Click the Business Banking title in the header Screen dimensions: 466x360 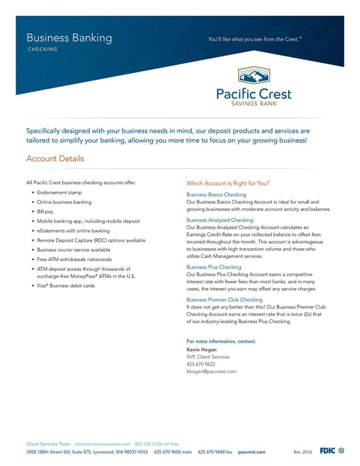[x=69, y=38]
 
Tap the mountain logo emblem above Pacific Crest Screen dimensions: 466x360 [x=254, y=76]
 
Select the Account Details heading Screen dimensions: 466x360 [x=55, y=159]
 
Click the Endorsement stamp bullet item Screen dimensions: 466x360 [x=59, y=192]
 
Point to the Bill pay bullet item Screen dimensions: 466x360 [x=45, y=212]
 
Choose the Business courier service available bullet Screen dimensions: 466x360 [x=73, y=250]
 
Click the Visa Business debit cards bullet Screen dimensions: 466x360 [x=66, y=286]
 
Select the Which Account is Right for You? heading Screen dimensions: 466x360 [x=228, y=183]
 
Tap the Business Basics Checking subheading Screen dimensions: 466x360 [x=216, y=195]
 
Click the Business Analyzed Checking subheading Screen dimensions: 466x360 [x=220, y=220]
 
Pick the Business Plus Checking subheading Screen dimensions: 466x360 [x=214, y=267]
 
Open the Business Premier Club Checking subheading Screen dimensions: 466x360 [x=224, y=300]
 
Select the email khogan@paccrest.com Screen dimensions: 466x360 [x=212, y=371]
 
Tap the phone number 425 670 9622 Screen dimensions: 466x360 [x=201, y=364]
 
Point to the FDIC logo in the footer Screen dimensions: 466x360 [x=327, y=451]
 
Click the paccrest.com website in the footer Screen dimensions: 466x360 [x=251, y=452]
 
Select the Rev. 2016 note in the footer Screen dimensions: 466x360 [x=303, y=452]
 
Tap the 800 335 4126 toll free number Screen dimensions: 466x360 [x=157, y=444]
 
